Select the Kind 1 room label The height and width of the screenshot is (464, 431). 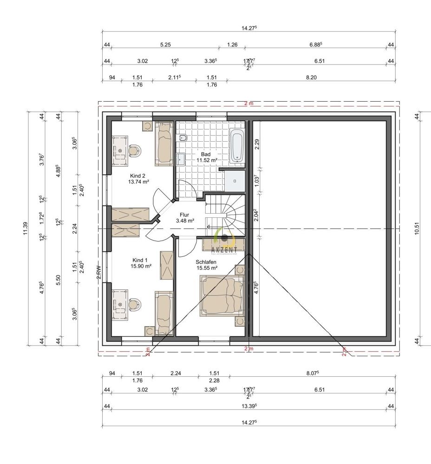(x=141, y=263)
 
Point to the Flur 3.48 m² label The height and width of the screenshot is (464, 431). (x=184, y=217)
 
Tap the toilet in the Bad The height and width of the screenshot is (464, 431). (x=183, y=138)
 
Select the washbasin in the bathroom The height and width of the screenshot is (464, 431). (x=181, y=159)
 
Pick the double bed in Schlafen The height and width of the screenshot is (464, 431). (x=222, y=295)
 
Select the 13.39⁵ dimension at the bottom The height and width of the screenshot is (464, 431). (x=249, y=406)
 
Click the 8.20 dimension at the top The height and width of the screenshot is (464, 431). (x=311, y=78)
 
